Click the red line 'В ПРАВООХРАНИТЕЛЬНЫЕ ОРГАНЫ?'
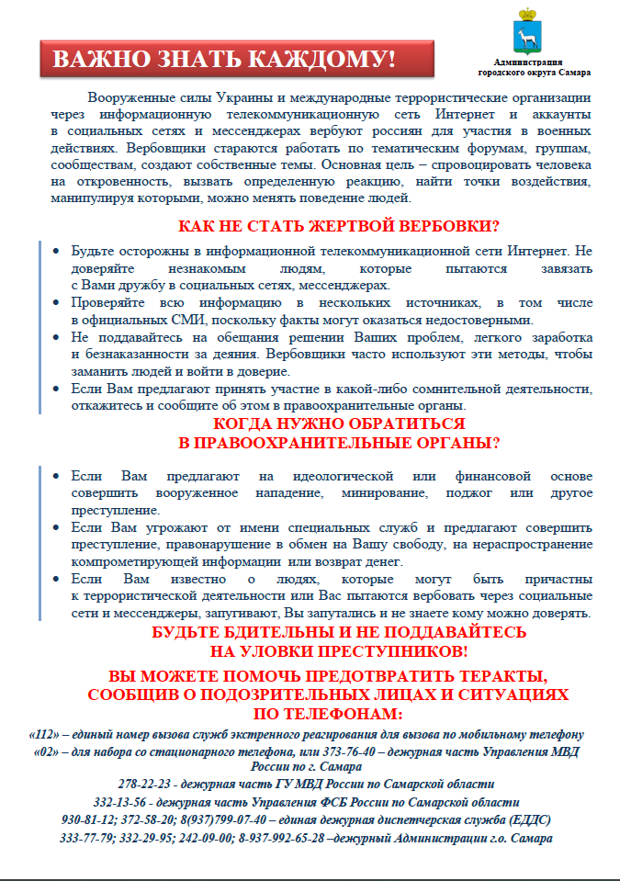338,443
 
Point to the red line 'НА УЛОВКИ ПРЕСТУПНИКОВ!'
338,651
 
